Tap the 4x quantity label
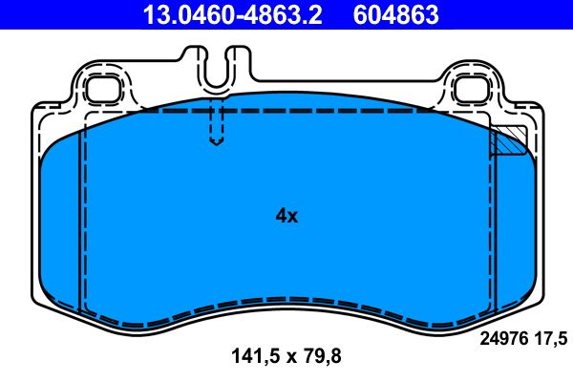point(286,216)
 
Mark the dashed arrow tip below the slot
point(217,143)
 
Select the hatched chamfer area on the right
point(508,140)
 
